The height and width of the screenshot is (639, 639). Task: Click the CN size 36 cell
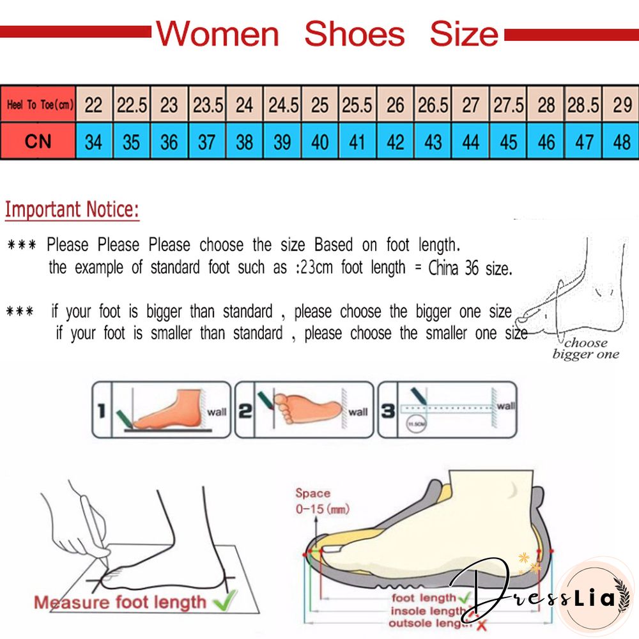169,141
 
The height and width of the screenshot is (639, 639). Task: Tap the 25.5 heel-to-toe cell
357,104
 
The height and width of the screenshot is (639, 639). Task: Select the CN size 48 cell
621,141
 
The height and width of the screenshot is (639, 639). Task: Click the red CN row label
38,141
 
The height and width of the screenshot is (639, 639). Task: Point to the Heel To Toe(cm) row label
38,104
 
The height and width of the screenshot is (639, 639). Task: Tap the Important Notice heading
72,210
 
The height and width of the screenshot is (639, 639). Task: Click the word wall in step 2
358,412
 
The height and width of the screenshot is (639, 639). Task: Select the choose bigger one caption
585,348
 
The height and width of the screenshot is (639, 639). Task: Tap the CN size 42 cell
395,141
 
